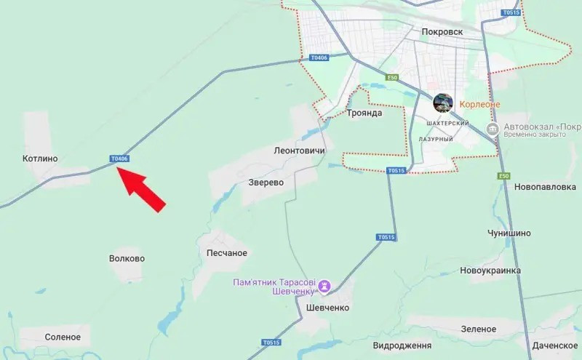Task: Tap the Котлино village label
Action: [x=40, y=158]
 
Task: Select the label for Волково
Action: [x=127, y=258]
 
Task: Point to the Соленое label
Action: [x=63, y=337]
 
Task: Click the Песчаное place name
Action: [x=227, y=253]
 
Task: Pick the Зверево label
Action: [x=265, y=183]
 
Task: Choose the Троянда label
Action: [x=365, y=113]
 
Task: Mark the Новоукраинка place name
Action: [x=490, y=271]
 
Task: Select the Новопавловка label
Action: [x=544, y=187]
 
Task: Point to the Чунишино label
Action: [x=509, y=233]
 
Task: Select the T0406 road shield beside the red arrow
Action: [x=119, y=159]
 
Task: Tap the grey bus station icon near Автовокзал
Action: [x=493, y=129]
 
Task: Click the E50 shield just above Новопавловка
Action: [x=503, y=177]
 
